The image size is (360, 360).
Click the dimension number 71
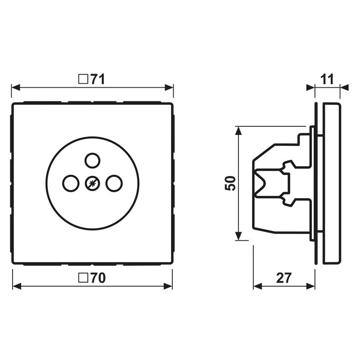[x=97, y=80]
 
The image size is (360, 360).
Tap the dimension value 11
[x=327, y=80]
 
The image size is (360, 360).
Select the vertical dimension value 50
[x=230, y=183]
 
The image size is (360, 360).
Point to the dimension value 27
[x=283, y=278]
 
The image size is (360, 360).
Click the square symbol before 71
[x=83, y=80]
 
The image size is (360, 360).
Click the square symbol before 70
[x=83, y=279]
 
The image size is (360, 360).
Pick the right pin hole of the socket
[x=114, y=183]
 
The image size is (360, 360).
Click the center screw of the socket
[x=92, y=183]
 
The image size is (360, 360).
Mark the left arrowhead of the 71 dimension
[x=15, y=87]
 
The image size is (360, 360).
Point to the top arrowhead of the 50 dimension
[x=238, y=130]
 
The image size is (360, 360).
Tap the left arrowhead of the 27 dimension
[x=258, y=286]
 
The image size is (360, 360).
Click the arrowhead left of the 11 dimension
[x=310, y=87]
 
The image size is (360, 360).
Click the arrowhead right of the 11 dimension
[x=344, y=87]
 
